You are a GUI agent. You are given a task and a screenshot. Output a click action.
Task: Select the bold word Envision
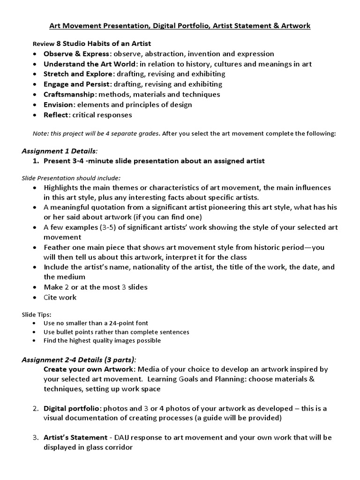59,105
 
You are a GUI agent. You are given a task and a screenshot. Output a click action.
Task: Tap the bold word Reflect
57,115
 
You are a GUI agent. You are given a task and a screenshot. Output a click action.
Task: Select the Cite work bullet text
60,297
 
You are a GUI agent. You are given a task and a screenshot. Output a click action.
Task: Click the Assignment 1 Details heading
60,150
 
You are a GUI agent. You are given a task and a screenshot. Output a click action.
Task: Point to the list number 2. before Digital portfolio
36,409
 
